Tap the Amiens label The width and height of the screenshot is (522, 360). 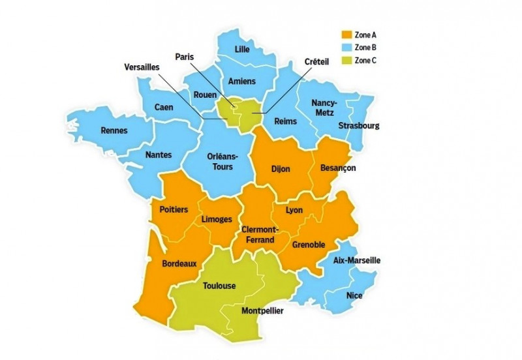click(x=241, y=81)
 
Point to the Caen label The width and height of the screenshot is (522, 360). click(x=164, y=107)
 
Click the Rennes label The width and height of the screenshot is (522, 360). click(x=114, y=130)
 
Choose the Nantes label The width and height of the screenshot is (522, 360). click(x=159, y=155)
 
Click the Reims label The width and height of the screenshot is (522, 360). click(x=286, y=121)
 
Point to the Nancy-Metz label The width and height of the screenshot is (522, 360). click(x=324, y=108)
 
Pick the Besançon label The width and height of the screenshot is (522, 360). click(x=338, y=168)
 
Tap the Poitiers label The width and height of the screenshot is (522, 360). click(x=174, y=209)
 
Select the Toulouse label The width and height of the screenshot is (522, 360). click(x=219, y=286)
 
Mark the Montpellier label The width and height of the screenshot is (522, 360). click(x=263, y=311)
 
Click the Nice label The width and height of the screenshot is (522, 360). click(x=354, y=295)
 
